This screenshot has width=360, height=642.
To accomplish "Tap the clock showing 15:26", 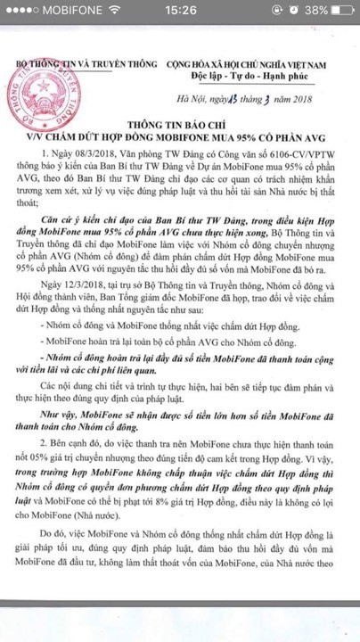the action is [180, 13].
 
